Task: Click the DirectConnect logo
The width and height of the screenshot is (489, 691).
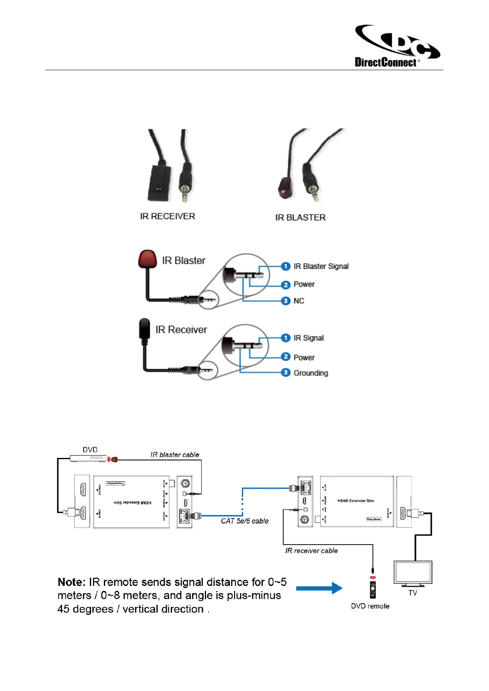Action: coord(397,46)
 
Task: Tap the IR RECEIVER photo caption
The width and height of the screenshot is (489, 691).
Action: coord(167,216)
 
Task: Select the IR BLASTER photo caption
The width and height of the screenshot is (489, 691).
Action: coord(300,217)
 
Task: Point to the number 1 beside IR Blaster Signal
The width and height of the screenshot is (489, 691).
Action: coord(286,266)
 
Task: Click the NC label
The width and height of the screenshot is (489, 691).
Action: coord(298,301)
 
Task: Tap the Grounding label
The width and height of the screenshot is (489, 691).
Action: coord(310,373)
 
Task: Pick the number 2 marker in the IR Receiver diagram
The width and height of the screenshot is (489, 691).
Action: coord(286,357)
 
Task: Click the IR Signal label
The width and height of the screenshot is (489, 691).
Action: coord(308,338)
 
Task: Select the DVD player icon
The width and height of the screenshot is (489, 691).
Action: coord(88,458)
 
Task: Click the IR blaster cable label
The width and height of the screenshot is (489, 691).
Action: coord(174,455)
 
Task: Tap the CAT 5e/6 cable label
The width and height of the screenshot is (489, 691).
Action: coord(244,521)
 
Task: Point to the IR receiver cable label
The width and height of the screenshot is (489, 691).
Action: coord(311,551)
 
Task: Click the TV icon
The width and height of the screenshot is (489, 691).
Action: coord(413,573)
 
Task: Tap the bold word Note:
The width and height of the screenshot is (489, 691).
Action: coord(71,582)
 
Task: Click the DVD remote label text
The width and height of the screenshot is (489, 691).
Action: coord(370,606)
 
